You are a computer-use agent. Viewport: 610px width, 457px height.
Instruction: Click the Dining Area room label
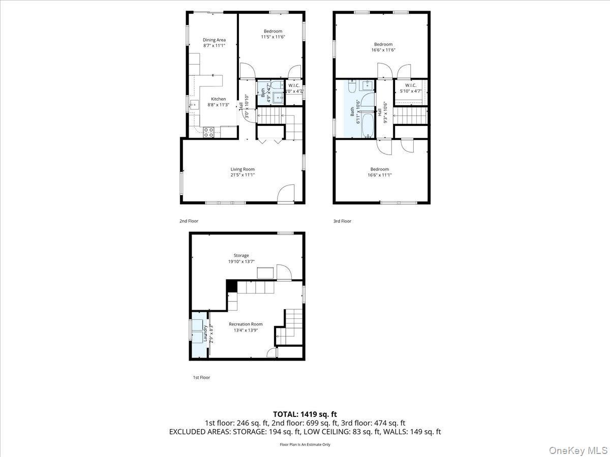pos(214,40)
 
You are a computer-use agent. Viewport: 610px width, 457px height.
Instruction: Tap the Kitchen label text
pos(219,99)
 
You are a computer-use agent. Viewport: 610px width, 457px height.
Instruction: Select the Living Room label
pos(242,169)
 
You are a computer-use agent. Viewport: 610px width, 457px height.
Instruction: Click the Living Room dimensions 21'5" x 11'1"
pos(242,175)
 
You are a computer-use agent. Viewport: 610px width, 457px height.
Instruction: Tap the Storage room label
pos(241,255)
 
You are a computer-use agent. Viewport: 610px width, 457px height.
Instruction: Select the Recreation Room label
pos(246,324)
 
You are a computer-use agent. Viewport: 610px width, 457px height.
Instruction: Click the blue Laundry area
pos(199,339)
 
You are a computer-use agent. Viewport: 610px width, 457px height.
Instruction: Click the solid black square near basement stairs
pos(231,286)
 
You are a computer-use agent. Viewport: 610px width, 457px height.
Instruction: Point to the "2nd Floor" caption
pos(189,221)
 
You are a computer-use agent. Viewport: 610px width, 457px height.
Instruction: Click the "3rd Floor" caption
pos(342,221)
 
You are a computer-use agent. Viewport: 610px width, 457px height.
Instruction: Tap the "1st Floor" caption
pos(201,377)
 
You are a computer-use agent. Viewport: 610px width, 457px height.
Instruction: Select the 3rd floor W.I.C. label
pos(410,85)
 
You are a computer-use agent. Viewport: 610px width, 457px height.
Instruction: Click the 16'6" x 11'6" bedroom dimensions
pos(383,50)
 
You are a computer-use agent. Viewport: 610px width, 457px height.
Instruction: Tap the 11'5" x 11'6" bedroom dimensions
pos(273,37)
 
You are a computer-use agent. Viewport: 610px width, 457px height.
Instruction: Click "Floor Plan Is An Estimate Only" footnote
pos(305,444)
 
